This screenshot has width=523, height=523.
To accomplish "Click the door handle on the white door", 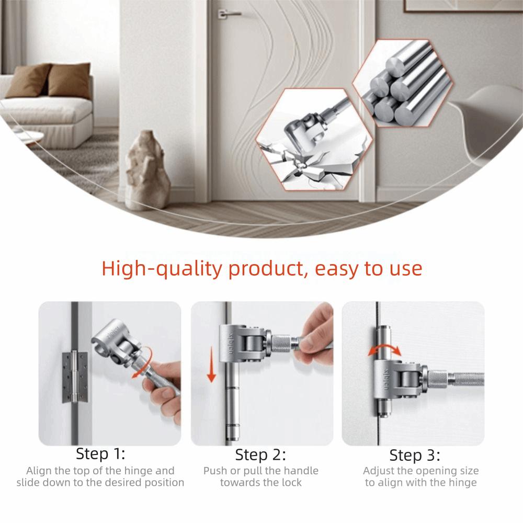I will [229, 14].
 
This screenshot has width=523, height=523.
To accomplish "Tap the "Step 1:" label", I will [100, 453].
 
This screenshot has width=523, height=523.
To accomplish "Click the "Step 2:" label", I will [260, 454].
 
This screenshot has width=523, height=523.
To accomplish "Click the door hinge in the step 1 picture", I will [75, 377].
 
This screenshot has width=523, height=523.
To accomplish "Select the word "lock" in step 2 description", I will [290, 482].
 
